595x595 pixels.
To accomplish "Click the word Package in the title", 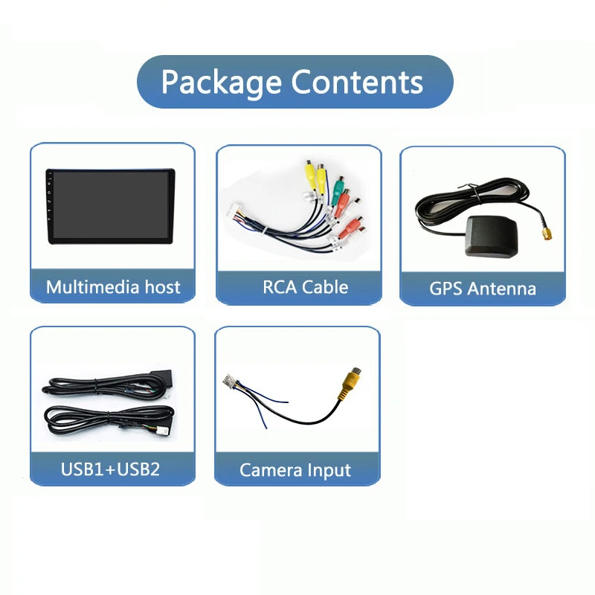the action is (221, 83).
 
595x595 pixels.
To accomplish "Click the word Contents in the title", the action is (357, 82).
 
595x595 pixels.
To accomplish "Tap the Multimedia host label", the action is (113, 287).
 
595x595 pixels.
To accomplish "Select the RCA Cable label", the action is (305, 287).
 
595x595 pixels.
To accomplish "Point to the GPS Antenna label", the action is (483, 289).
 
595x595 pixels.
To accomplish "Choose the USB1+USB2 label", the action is (110, 469).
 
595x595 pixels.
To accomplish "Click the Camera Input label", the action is (295, 470).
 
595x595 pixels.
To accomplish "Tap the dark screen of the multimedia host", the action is (110, 205).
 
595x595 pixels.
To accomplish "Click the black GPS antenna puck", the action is (491, 236).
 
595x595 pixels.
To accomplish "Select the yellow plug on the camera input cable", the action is (351, 382).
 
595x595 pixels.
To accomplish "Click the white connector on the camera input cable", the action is (230, 381).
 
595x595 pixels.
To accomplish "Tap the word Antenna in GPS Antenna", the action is (501, 289).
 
